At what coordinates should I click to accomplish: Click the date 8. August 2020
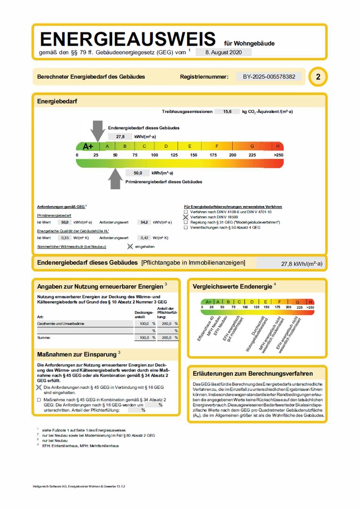click(x=223, y=52)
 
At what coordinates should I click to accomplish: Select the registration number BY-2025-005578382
click(x=269, y=76)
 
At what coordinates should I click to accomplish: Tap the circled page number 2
click(x=318, y=77)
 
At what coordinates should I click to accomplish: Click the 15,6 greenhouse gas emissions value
click(x=227, y=112)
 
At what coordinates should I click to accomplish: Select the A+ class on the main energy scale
click(x=88, y=146)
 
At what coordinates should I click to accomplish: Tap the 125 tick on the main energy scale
click(x=174, y=155)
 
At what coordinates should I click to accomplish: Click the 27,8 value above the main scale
click(x=120, y=137)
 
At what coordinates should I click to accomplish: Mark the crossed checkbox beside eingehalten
click(x=130, y=246)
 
